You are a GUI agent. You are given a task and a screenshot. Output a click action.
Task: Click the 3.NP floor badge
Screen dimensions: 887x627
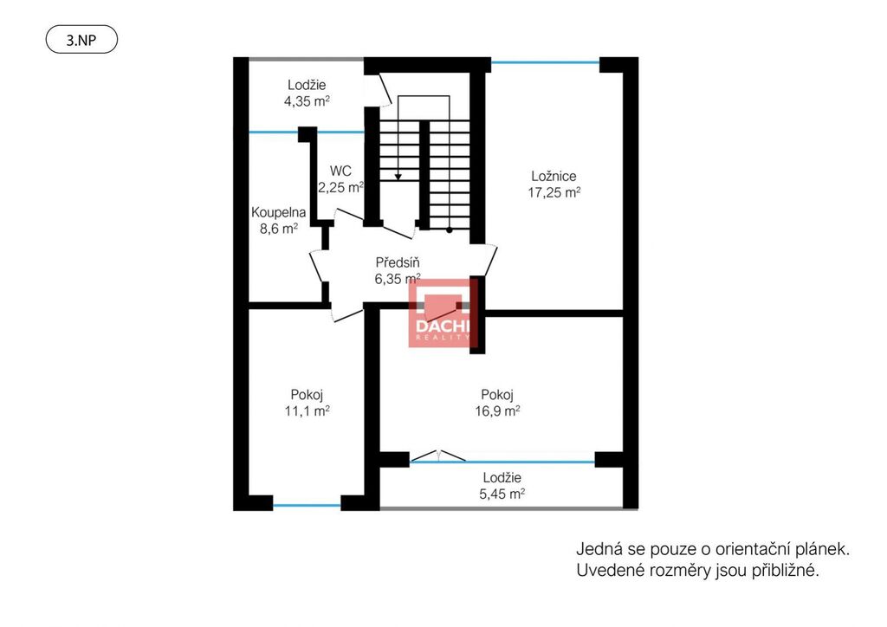click(81, 41)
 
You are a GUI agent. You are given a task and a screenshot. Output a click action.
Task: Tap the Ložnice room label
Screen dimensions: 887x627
click(554, 176)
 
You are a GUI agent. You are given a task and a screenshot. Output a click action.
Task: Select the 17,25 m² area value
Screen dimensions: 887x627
click(554, 192)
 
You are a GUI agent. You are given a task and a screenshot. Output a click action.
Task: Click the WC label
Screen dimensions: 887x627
click(340, 171)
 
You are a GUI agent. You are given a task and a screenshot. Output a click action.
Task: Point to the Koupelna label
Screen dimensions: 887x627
click(278, 212)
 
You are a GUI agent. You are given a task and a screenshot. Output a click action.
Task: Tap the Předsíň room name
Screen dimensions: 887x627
click(398, 262)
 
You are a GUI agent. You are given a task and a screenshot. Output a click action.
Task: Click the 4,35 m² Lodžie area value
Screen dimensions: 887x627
click(307, 101)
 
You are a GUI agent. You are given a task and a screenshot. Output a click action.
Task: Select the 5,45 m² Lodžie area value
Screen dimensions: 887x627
click(502, 494)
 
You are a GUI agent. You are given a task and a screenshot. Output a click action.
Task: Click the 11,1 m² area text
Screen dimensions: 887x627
click(307, 410)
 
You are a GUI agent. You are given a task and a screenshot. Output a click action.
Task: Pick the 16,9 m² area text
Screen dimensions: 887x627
click(497, 410)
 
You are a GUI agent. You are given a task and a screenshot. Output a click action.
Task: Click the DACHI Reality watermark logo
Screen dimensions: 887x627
click(443, 313)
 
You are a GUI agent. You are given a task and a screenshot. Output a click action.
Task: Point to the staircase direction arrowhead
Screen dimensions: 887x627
click(398, 177)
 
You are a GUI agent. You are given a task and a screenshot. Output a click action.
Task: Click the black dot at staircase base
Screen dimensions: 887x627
click(450, 230)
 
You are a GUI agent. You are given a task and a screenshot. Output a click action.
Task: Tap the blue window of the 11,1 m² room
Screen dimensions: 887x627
click(307, 506)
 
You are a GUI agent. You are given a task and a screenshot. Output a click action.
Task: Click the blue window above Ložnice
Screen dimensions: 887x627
click(545, 62)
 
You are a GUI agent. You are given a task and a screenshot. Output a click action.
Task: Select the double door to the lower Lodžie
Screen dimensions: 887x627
click(437, 456)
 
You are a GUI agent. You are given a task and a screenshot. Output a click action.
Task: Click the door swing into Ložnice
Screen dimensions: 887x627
click(491, 261)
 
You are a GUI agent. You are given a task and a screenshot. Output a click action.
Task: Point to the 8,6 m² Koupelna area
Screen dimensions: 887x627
click(278, 229)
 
